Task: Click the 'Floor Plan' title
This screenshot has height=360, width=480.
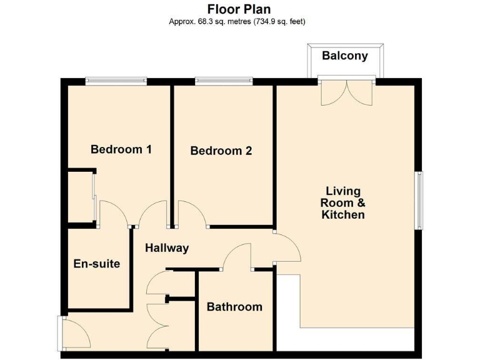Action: [x=239, y=9]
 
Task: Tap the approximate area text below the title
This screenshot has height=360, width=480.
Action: [x=239, y=21]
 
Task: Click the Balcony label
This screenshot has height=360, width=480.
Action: [x=344, y=56]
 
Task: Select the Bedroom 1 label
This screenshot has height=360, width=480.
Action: [x=121, y=149]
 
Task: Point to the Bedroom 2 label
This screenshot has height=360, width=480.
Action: [x=221, y=151]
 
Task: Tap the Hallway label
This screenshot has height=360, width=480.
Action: [x=167, y=248]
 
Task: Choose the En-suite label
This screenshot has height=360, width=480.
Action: [x=96, y=264]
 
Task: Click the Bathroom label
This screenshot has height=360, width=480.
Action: [x=234, y=307]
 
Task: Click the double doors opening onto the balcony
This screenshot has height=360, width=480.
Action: [x=347, y=92]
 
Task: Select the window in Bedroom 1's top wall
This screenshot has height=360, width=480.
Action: [x=116, y=80]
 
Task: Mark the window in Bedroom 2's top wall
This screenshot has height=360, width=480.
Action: [x=224, y=80]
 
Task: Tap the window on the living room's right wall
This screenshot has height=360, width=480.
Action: [x=420, y=200]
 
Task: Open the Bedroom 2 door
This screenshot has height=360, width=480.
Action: [x=191, y=214]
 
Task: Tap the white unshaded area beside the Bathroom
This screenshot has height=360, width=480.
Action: [x=287, y=312]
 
